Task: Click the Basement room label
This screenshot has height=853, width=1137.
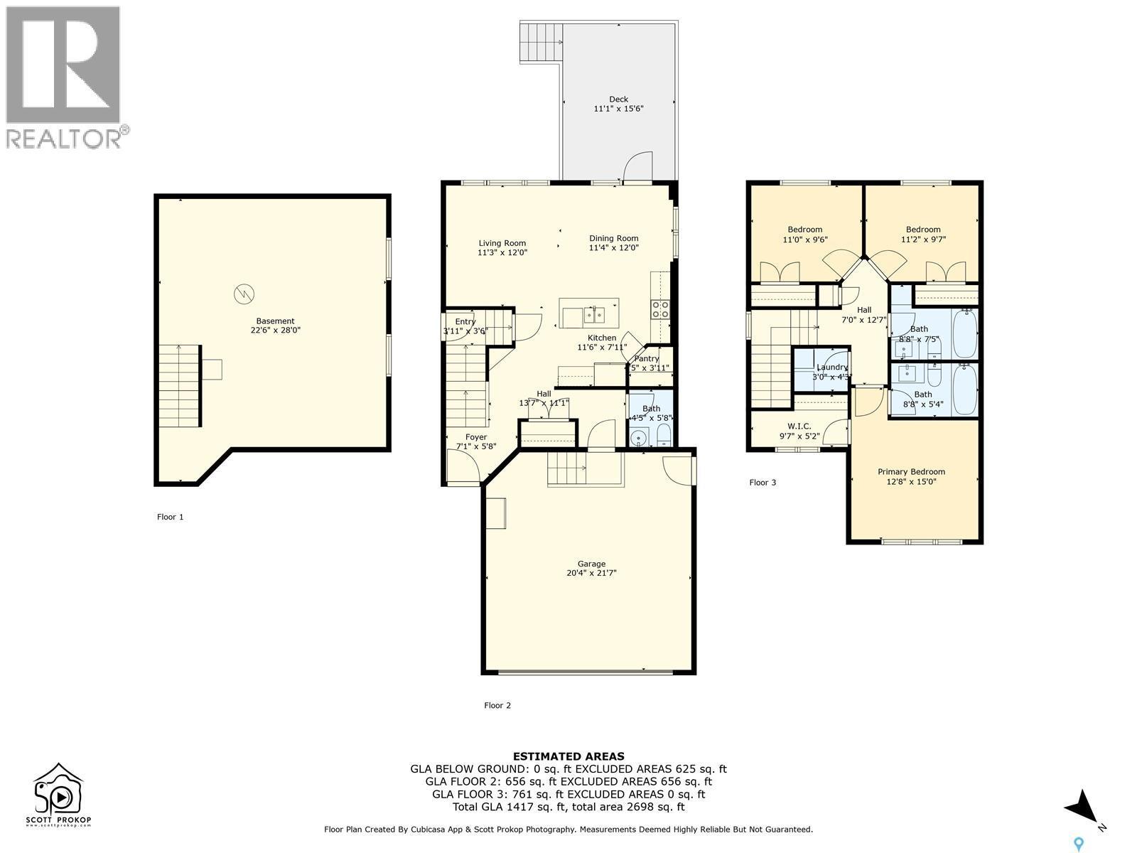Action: (275, 321)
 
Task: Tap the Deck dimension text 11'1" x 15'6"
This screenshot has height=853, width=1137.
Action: (618, 109)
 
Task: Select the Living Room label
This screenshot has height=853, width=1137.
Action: (502, 243)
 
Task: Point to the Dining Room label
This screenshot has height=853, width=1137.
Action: (613, 238)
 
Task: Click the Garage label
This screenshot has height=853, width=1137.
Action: (591, 564)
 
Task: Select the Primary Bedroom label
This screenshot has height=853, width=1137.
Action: (911, 471)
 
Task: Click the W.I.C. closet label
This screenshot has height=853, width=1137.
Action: (799, 426)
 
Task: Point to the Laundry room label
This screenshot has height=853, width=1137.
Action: (831, 368)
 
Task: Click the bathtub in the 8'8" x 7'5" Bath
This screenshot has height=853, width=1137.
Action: (965, 333)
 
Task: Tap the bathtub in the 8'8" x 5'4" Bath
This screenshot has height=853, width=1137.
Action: (965, 389)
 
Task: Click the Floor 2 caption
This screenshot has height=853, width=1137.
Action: (497, 705)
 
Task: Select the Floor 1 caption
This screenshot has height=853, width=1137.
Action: (170, 517)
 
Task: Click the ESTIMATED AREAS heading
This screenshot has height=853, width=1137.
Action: (568, 756)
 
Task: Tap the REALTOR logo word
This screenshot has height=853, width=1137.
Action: (64, 137)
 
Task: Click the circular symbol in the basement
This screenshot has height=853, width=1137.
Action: (244, 293)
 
